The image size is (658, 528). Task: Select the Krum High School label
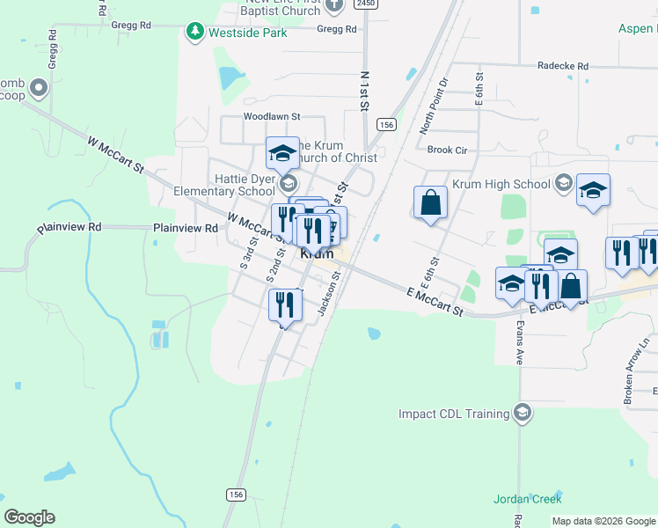coord(501,184)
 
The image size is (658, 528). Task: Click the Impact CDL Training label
coord(454,414)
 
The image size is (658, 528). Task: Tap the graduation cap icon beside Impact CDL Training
coord(523,414)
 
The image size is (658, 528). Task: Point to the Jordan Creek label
coord(527,499)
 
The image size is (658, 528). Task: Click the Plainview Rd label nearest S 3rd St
coord(186,228)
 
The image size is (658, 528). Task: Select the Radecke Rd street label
coord(562,66)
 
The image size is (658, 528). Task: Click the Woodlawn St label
coord(272,116)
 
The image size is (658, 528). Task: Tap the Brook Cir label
coord(447,150)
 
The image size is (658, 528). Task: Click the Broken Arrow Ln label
coord(636,370)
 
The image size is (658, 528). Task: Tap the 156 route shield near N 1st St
coord(385,126)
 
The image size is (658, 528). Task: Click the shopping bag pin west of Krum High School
coord(431,202)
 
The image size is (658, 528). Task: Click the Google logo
coord(29,517)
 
